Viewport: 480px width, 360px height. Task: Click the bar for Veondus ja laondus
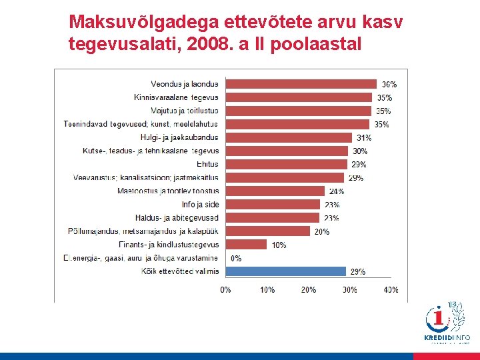point(301,84)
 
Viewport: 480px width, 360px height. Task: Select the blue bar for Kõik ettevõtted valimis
point(286,271)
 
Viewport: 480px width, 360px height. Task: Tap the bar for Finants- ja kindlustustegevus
point(247,245)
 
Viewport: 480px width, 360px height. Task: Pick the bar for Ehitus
point(287,164)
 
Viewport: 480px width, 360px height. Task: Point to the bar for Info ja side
point(274,205)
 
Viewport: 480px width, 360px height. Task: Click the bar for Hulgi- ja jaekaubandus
point(289,137)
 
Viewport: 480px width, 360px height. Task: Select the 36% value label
point(389,85)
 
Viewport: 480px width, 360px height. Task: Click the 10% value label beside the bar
point(279,245)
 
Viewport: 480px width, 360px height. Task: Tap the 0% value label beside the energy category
point(236,259)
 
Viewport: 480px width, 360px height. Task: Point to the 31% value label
point(364,138)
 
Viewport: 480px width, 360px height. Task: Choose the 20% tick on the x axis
point(308,290)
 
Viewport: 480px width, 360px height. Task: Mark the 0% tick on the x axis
point(226,290)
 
